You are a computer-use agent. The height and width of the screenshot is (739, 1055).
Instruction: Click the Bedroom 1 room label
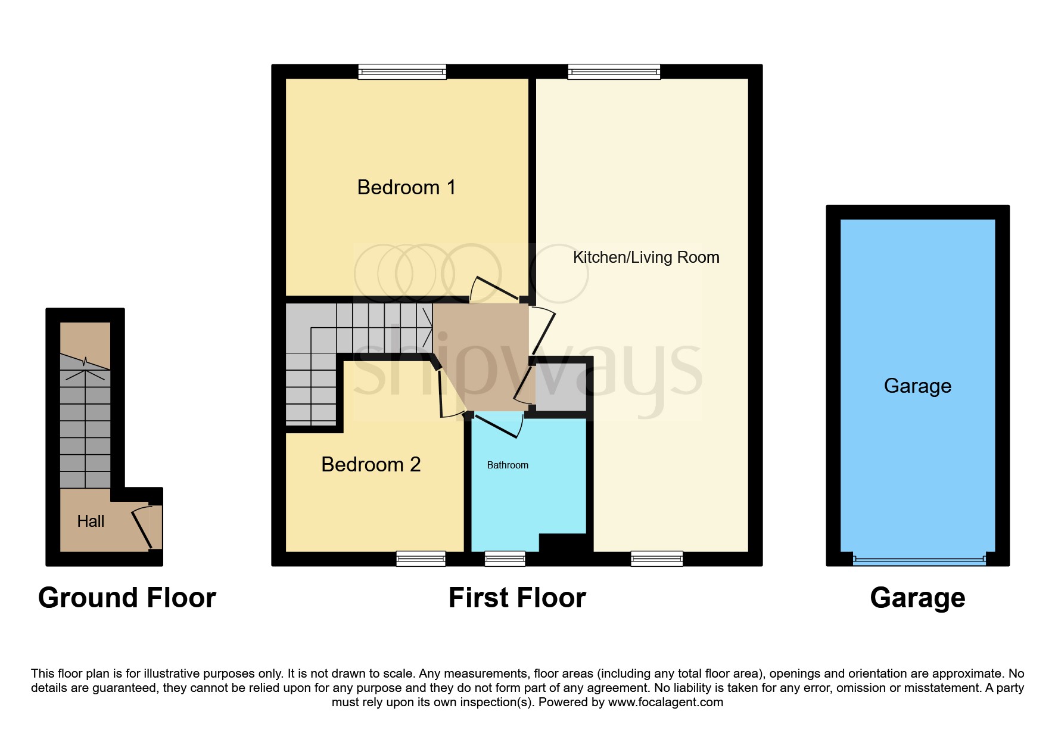(406, 188)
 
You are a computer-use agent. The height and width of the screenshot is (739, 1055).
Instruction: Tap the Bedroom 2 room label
(371, 465)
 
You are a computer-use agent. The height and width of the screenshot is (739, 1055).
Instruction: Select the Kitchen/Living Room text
(646, 257)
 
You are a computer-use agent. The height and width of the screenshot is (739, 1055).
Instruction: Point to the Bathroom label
(508, 465)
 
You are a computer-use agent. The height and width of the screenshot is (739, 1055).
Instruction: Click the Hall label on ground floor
(91, 521)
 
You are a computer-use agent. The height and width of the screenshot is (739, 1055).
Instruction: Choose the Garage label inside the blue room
(917, 386)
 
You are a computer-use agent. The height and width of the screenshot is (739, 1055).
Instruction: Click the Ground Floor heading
(127, 598)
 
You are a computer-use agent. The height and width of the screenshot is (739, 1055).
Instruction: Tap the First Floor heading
(517, 598)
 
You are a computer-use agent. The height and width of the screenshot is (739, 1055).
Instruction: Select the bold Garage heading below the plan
(917, 598)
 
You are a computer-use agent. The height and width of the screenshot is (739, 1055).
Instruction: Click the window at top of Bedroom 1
(402, 72)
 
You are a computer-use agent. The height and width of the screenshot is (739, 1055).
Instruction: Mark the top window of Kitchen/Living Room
(614, 72)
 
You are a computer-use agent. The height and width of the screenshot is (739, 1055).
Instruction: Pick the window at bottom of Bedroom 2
(421, 558)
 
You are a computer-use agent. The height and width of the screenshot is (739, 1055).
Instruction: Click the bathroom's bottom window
(505, 558)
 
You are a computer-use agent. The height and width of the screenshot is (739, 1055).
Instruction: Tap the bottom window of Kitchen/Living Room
(656, 558)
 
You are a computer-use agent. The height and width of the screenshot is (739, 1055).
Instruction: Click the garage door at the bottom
(919, 560)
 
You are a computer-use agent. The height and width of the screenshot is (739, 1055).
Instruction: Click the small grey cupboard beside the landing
(560, 387)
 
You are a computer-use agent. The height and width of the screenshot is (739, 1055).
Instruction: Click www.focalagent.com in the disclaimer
(665, 703)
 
